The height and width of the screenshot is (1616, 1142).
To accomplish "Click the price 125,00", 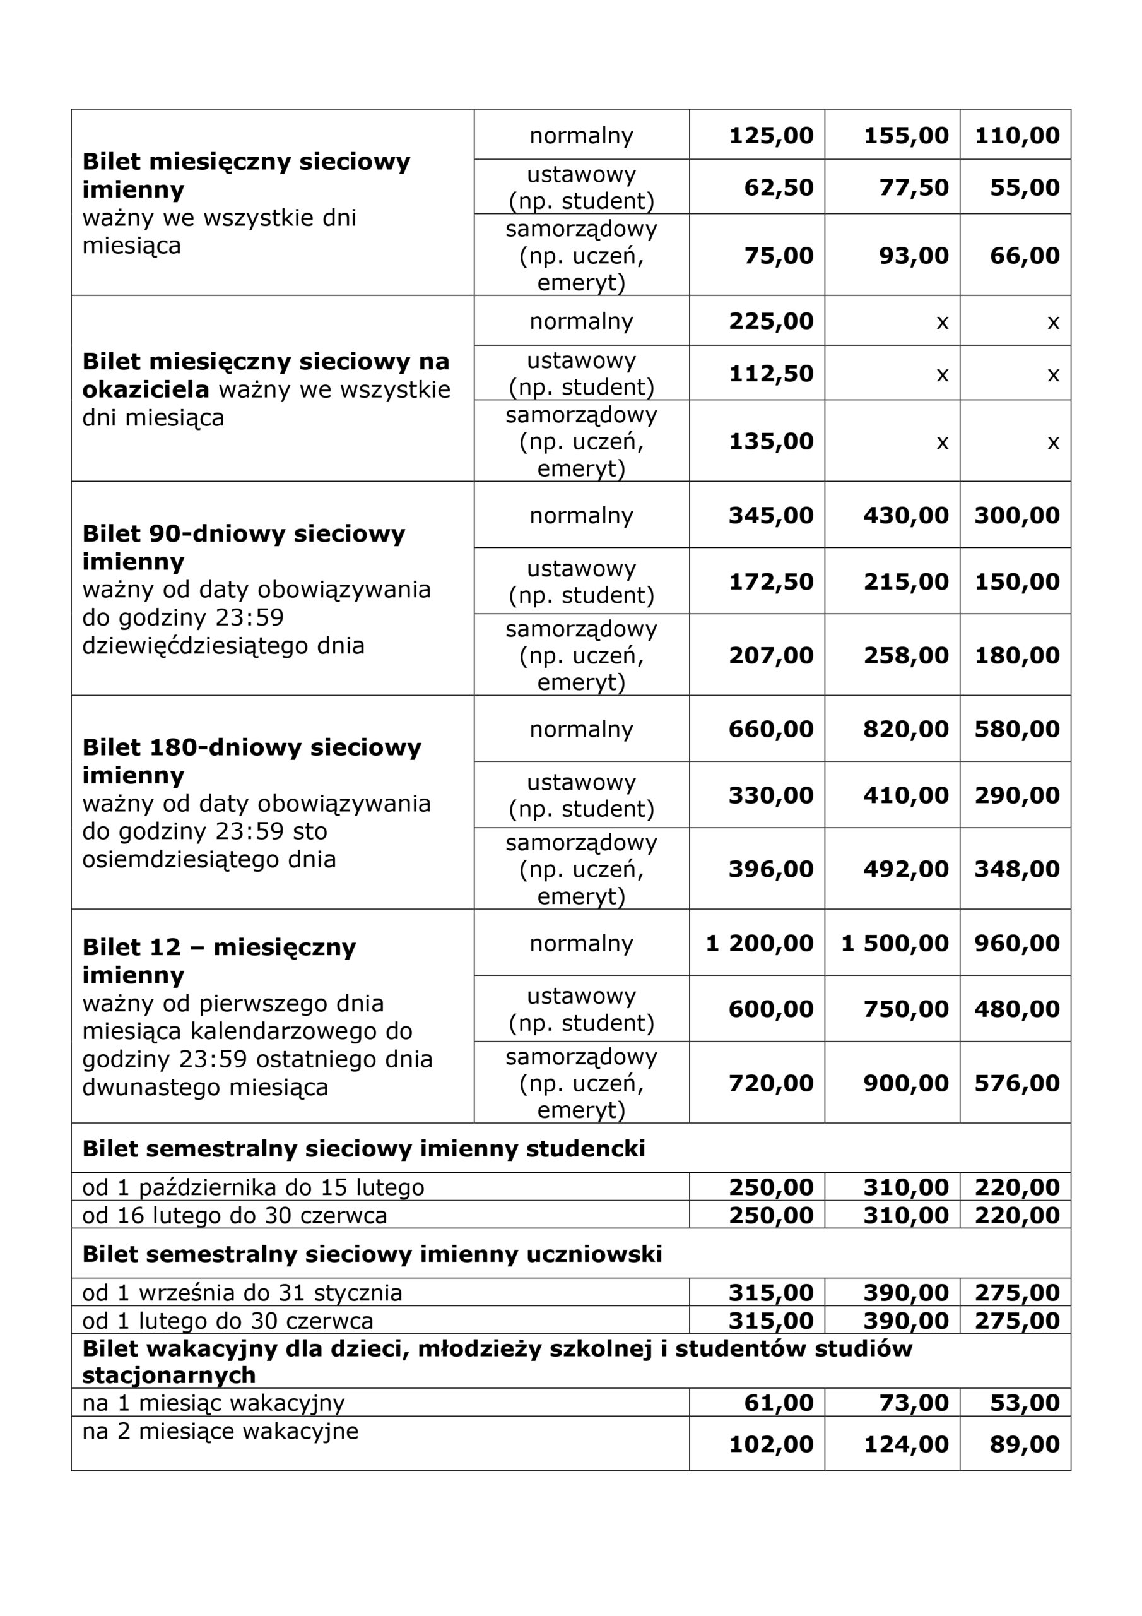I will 770,136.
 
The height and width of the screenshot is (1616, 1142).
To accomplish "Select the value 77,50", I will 914,188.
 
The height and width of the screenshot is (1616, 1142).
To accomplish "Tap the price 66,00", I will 1024,256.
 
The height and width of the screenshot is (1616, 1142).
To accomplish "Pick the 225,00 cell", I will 770,322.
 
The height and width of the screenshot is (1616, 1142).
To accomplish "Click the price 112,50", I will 770,374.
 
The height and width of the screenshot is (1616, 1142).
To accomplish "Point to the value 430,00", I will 905,516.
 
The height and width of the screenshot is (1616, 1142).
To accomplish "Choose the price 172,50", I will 770,582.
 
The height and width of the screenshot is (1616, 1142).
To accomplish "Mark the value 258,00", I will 905,656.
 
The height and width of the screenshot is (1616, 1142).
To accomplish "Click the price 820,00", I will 905,729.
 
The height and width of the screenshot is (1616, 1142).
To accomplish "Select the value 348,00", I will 1016,869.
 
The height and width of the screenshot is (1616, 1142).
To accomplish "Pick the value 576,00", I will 1016,1083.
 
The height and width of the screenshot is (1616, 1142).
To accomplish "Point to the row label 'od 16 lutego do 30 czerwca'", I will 234,1216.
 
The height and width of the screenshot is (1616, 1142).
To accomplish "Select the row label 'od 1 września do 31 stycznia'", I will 242,1293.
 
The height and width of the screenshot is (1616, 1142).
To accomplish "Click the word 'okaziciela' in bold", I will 146,390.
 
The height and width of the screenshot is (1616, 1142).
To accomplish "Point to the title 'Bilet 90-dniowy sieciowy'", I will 244,533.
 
